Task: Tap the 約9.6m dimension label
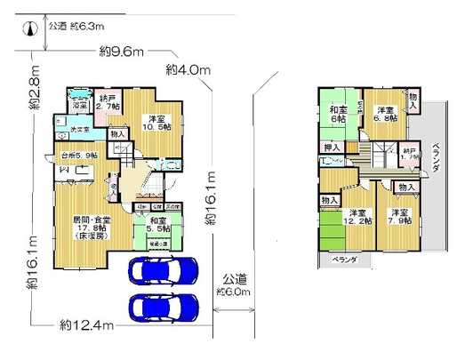pos(123,52)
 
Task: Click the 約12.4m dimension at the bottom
pos(86,324)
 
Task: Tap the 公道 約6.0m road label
pos(234,284)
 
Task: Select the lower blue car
pos(164,307)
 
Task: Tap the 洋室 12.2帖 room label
pos(357,218)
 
